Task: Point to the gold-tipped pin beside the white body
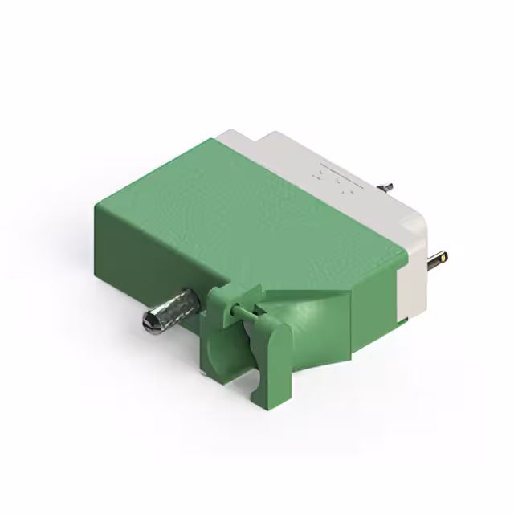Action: tap(439, 259)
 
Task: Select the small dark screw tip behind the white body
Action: tap(387, 187)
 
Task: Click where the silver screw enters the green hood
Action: tap(198, 300)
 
